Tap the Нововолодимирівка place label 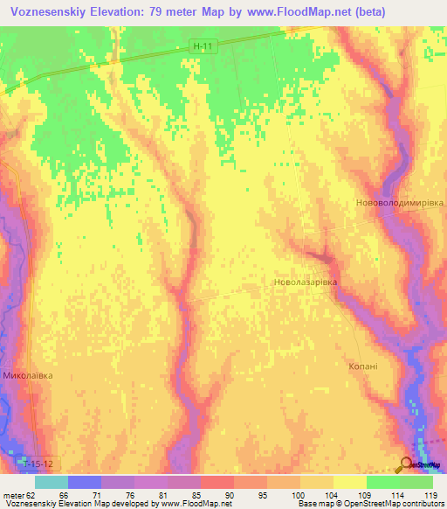click(x=400, y=202)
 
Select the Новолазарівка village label click(x=305, y=283)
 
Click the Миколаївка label click(x=28, y=375)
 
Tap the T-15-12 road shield click(x=34, y=461)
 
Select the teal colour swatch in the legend click(x=52, y=482)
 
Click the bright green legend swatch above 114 click(x=383, y=482)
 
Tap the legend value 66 click(x=63, y=494)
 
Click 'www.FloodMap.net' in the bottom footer click(x=189, y=504)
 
